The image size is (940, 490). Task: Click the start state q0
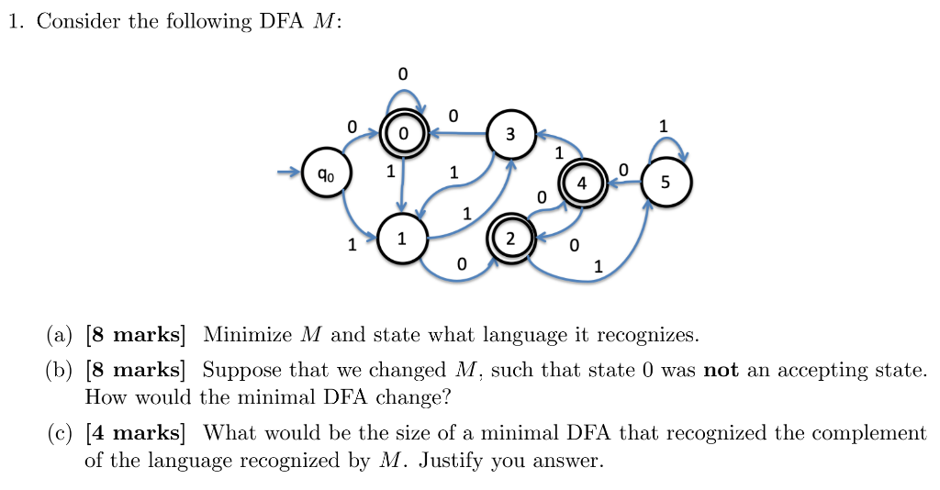tap(326, 173)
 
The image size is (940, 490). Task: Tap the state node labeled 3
tap(510, 135)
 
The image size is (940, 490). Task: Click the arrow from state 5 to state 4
tap(623, 182)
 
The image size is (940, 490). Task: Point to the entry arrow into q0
tap(288, 172)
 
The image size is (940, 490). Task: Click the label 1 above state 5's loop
tap(664, 124)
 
